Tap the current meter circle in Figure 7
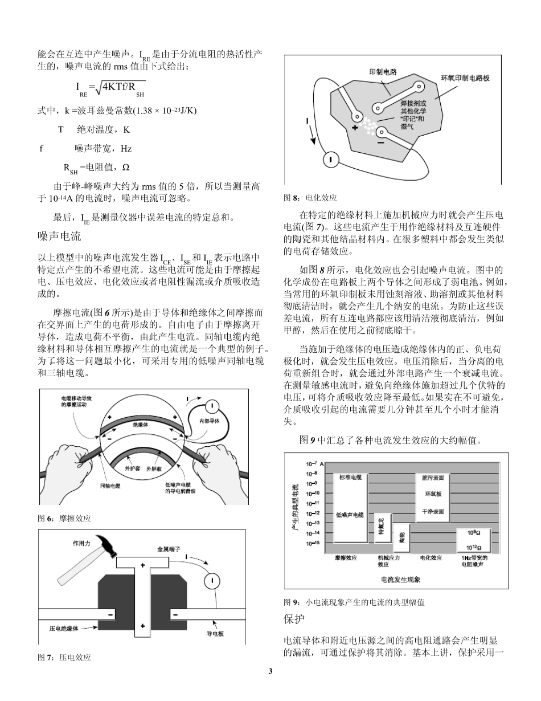pyautogui.click(x=211, y=580)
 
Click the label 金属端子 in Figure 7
pyautogui.click(x=169, y=549)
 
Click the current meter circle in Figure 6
pyautogui.click(x=211, y=406)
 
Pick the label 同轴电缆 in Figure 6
pyautogui.click(x=110, y=486)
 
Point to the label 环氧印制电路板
pyautogui.click(x=465, y=78)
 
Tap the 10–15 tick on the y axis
pyautogui.click(x=313, y=543)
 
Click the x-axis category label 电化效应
pyautogui.click(x=431, y=558)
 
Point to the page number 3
pyautogui.click(x=270, y=671)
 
